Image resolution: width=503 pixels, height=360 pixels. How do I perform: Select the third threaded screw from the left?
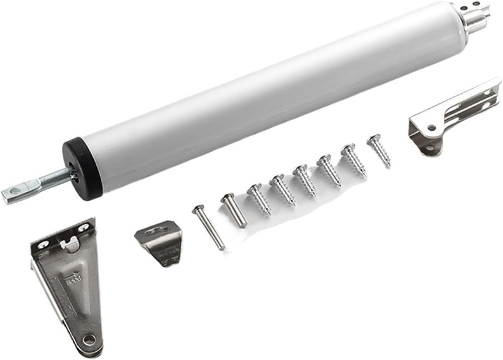coord(305,179)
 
